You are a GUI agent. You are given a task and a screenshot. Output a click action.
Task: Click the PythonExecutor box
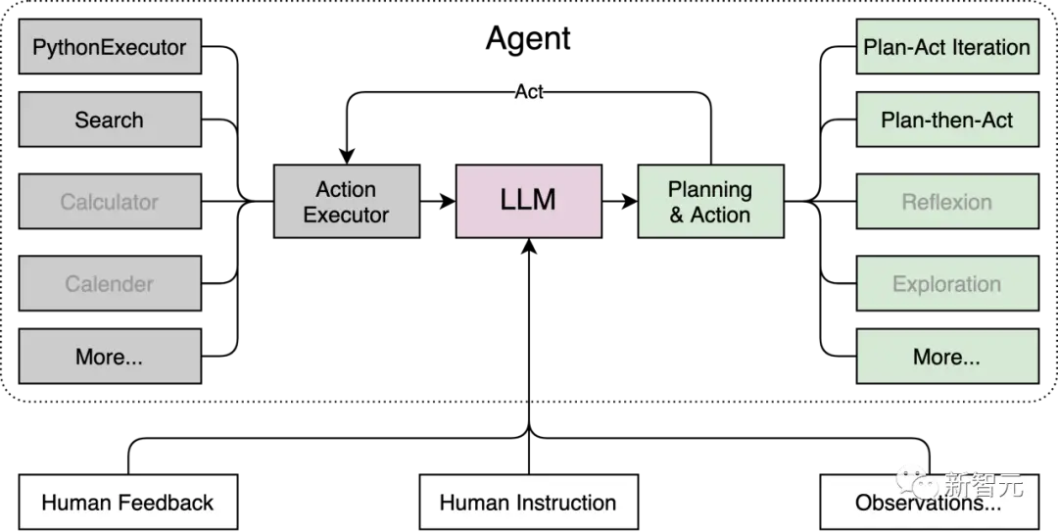[110, 47]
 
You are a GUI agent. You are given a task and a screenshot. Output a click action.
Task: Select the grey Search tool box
[110, 120]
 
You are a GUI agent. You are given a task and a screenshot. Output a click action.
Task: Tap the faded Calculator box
[110, 201]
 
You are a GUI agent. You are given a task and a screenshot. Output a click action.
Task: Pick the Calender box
[110, 283]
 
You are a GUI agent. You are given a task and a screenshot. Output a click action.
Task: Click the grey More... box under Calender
[110, 357]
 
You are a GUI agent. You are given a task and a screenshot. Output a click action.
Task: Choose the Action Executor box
[347, 201]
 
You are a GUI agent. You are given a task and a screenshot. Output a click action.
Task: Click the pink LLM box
[529, 201]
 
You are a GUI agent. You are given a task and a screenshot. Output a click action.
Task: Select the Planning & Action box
[711, 201]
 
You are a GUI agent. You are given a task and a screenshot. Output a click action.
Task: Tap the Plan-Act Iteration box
[947, 47]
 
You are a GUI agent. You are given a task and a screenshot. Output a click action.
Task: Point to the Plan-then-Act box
[947, 120]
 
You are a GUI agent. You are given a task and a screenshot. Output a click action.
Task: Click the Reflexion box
[947, 201]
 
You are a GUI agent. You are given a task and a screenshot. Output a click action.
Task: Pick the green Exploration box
[947, 283]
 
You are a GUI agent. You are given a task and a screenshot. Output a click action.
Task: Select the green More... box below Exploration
[947, 357]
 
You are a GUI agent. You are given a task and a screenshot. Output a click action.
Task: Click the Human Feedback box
[128, 503]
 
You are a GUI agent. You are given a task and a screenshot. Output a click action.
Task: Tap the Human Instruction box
[529, 503]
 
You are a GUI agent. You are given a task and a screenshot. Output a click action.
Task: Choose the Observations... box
[929, 503]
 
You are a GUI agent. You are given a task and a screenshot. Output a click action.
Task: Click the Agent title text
[528, 38]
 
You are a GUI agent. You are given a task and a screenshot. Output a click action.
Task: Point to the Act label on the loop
[529, 92]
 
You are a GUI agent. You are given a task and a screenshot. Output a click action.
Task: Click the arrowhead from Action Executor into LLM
[447, 201]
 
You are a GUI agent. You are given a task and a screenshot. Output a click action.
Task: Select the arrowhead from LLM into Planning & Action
[629, 201]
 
